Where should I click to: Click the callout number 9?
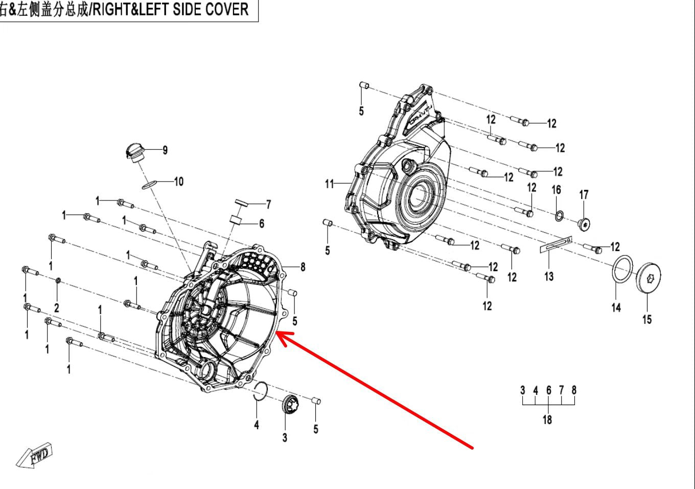(165, 150)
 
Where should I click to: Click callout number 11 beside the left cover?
(329, 183)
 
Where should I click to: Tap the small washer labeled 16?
(559, 215)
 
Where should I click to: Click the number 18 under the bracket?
(547, 419)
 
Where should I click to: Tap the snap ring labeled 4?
(260, 390)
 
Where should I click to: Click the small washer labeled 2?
(58, 280)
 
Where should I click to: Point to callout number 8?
(303, 266)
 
